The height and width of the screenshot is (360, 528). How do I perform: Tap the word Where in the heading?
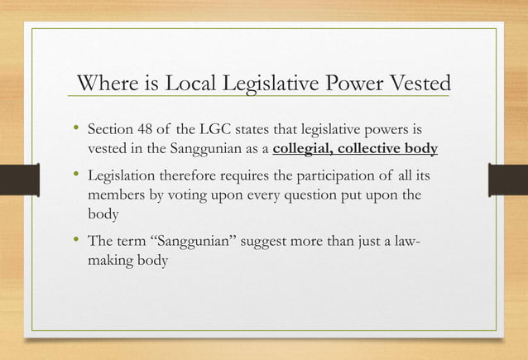(x=106, y=84)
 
